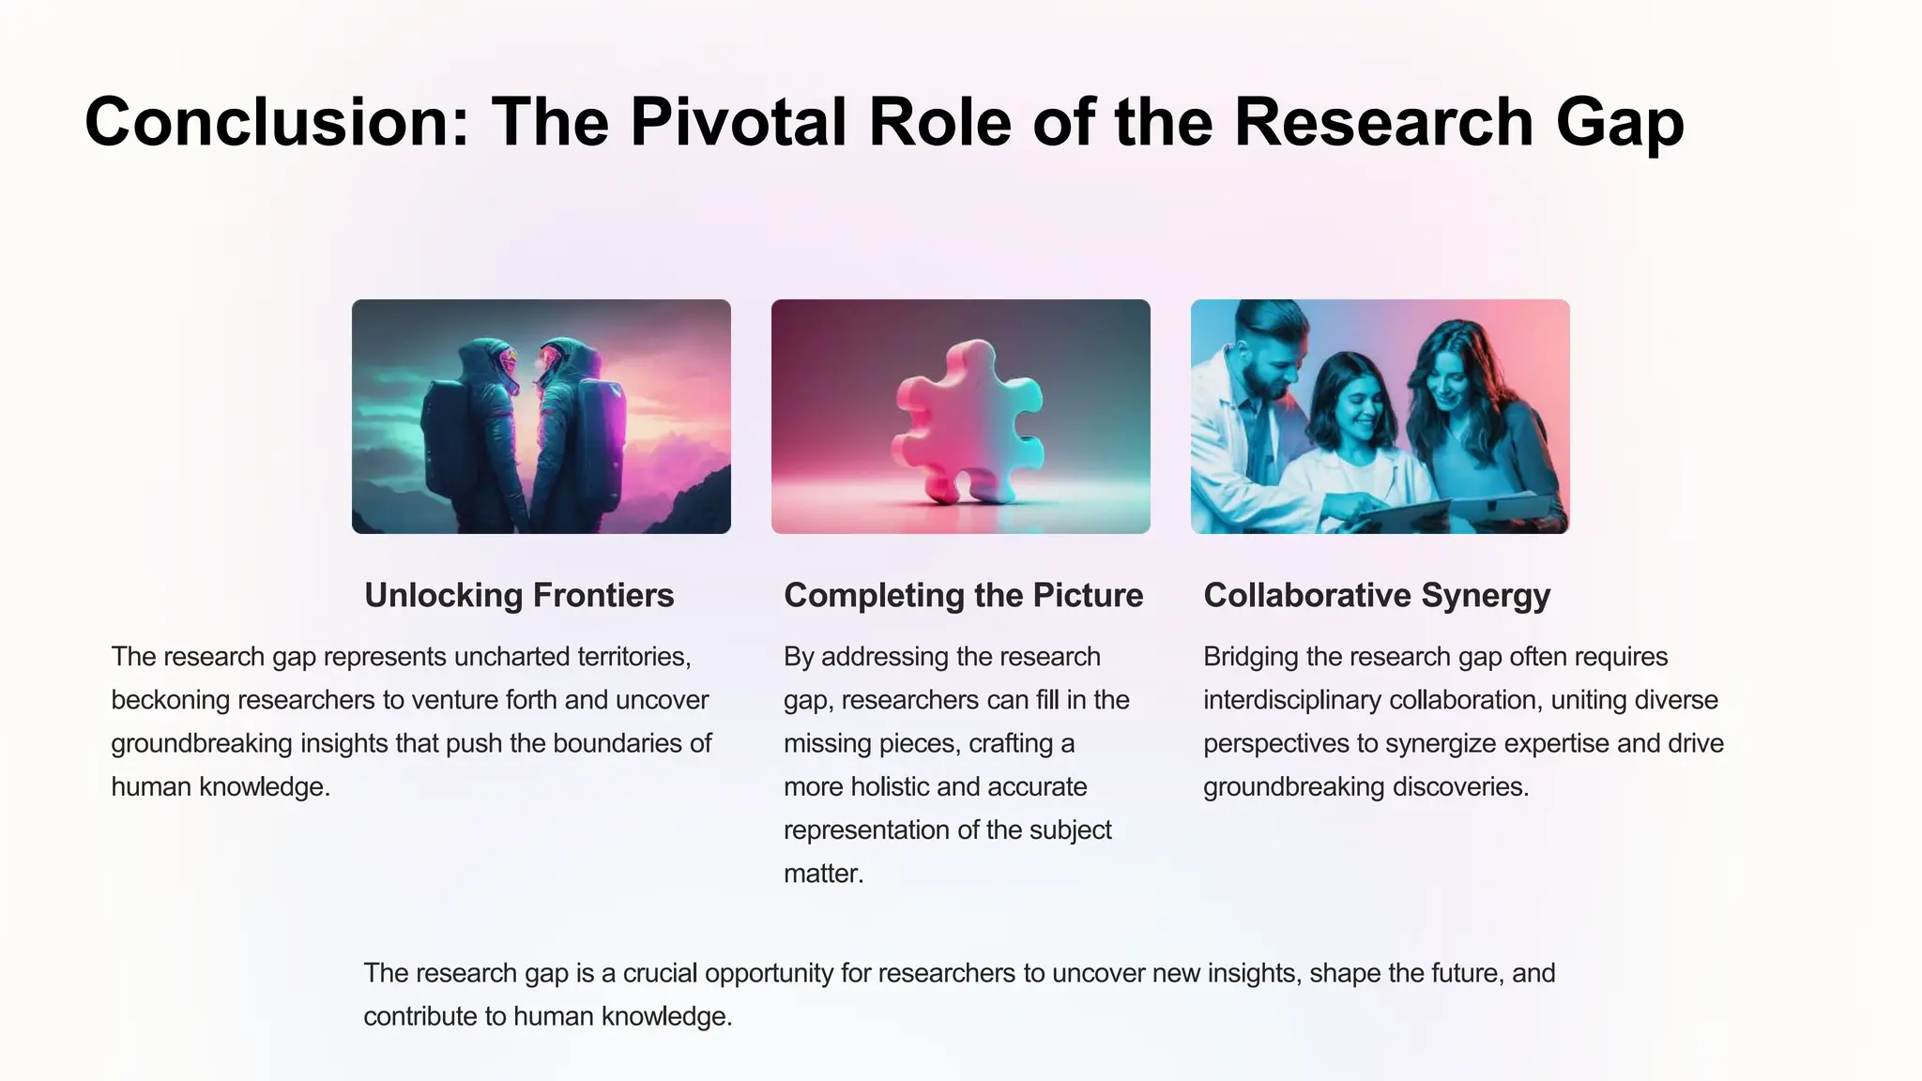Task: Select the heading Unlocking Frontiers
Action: click(519, 596)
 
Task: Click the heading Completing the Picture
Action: click(963, 596)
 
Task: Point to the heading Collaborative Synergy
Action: click(1376, 596)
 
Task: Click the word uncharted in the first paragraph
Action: click(511, 657)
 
